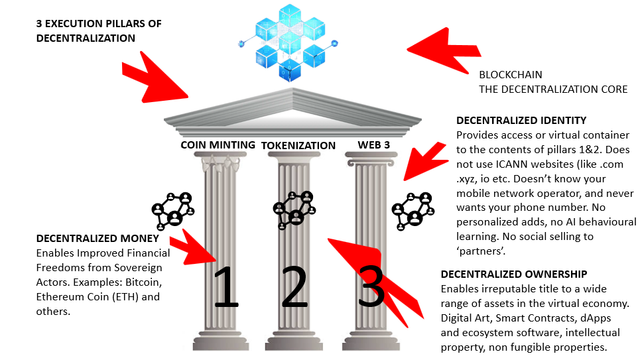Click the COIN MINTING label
(x=218, y=145)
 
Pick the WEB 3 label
(x=375, y=145)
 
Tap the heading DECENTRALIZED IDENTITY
(x=521, y=121)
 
